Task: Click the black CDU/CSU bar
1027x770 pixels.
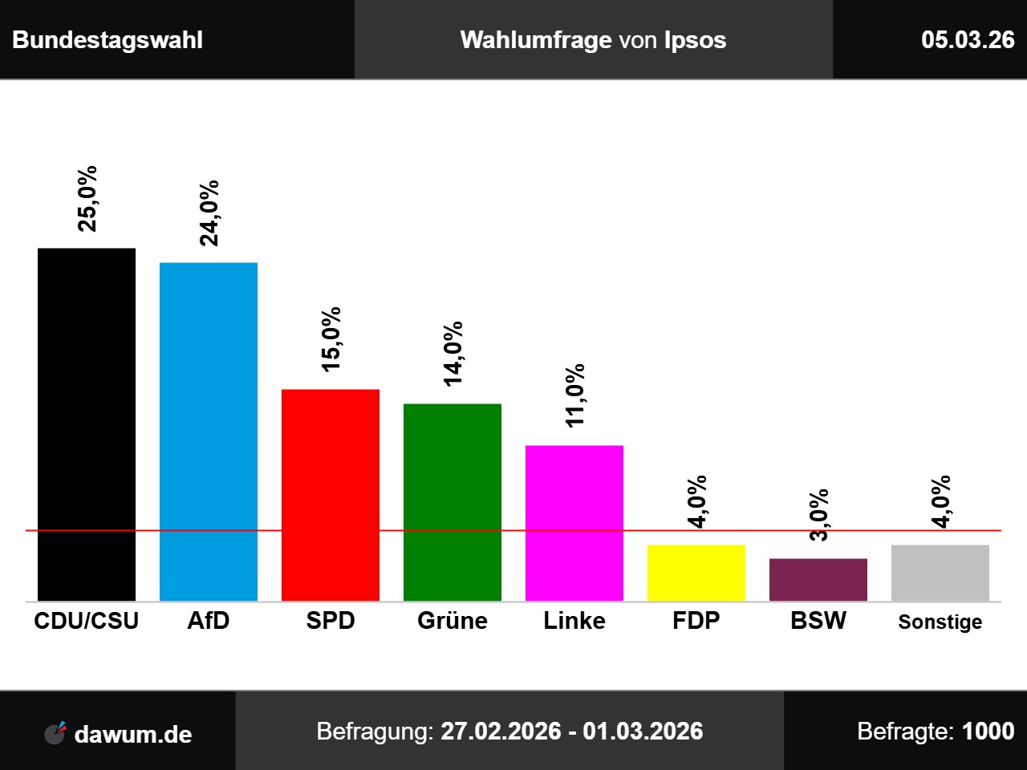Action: tap(87, 424)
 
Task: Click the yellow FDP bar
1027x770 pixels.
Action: tap(696, 573)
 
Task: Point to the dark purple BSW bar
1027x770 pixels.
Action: tap(818, 579)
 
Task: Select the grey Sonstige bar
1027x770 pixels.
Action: tap(940, 573)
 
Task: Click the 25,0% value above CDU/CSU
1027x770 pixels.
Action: tap(87, 199)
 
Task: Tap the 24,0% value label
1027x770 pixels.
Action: tap(209, 213)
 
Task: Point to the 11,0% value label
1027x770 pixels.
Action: tap(574, 395)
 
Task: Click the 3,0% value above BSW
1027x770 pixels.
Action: tap(818, 515)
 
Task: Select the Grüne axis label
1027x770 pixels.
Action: tap(453, 621)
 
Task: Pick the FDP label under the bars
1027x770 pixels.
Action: tap(696, 621)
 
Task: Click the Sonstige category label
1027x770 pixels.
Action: tap(940, 622)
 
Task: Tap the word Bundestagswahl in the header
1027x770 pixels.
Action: tap(108, 40)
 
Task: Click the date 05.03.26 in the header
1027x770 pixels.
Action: tap(968, 40)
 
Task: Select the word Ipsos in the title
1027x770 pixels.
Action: tap(695, 40)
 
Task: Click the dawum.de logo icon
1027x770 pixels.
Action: tap(55, 732)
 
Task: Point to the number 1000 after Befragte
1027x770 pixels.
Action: tap(988, 731)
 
